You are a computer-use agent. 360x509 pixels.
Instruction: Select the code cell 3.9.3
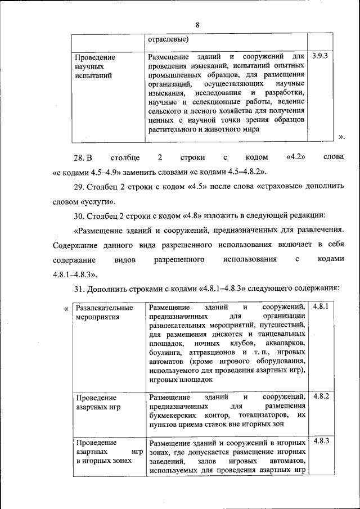click(319, 56)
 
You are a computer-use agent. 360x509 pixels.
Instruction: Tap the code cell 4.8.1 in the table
click(320, 307)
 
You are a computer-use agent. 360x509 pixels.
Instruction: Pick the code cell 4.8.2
click(320, 397)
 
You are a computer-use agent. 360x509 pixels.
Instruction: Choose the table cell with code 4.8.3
click(320, 442)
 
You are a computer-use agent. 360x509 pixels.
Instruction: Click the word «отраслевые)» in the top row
click(168, 39)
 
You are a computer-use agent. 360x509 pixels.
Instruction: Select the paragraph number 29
click(80, 186)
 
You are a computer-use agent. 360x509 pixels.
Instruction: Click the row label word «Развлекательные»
click(104, 308)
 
